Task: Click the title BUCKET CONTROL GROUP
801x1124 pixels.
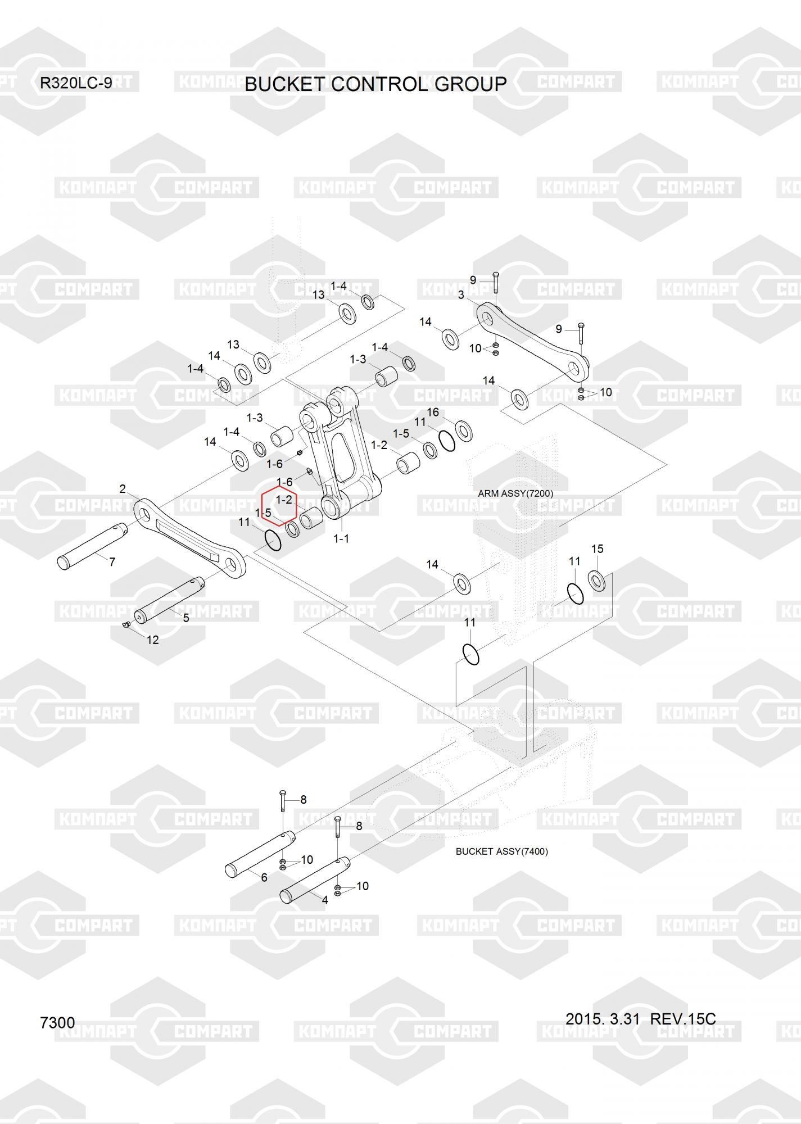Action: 375,84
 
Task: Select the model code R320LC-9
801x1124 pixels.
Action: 76,83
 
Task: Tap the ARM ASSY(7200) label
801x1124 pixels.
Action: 515,493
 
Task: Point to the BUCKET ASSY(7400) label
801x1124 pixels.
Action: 501,851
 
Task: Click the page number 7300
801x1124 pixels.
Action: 57,1022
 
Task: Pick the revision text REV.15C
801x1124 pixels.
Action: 683,1018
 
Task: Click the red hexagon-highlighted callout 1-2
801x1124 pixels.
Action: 283,500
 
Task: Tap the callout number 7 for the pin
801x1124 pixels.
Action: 112,561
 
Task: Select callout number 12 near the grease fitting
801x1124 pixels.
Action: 152,640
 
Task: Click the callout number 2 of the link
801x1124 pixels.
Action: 123,489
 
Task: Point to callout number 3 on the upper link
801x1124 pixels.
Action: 461,295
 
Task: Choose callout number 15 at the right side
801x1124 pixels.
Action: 597,549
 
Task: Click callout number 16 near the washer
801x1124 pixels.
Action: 432,412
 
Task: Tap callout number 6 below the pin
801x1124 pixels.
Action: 264,877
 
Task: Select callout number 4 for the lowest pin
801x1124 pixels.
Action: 324,900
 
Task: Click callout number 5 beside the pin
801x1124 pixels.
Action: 186,617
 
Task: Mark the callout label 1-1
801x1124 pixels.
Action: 341,538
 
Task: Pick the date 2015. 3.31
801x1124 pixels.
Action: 603,1018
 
